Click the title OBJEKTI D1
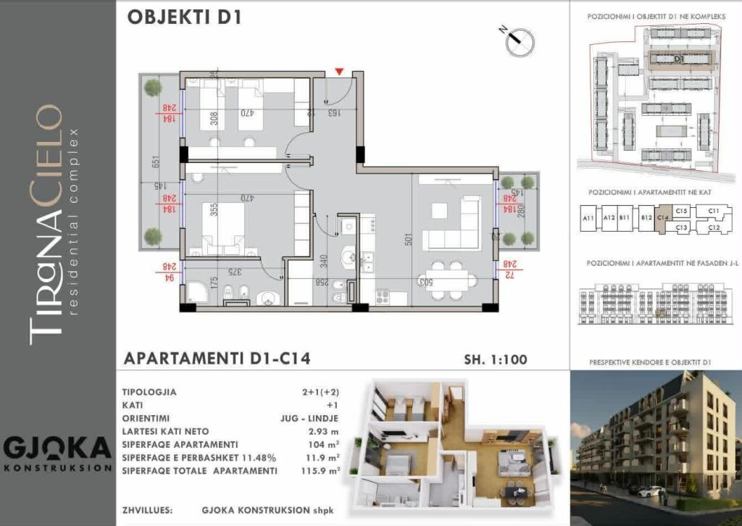183,18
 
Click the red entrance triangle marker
338,71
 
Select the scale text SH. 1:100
495,359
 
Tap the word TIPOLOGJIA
150,392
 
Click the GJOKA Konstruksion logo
57,452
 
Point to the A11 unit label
588,218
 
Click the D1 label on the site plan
679,58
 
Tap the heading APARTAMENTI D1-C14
217,359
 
